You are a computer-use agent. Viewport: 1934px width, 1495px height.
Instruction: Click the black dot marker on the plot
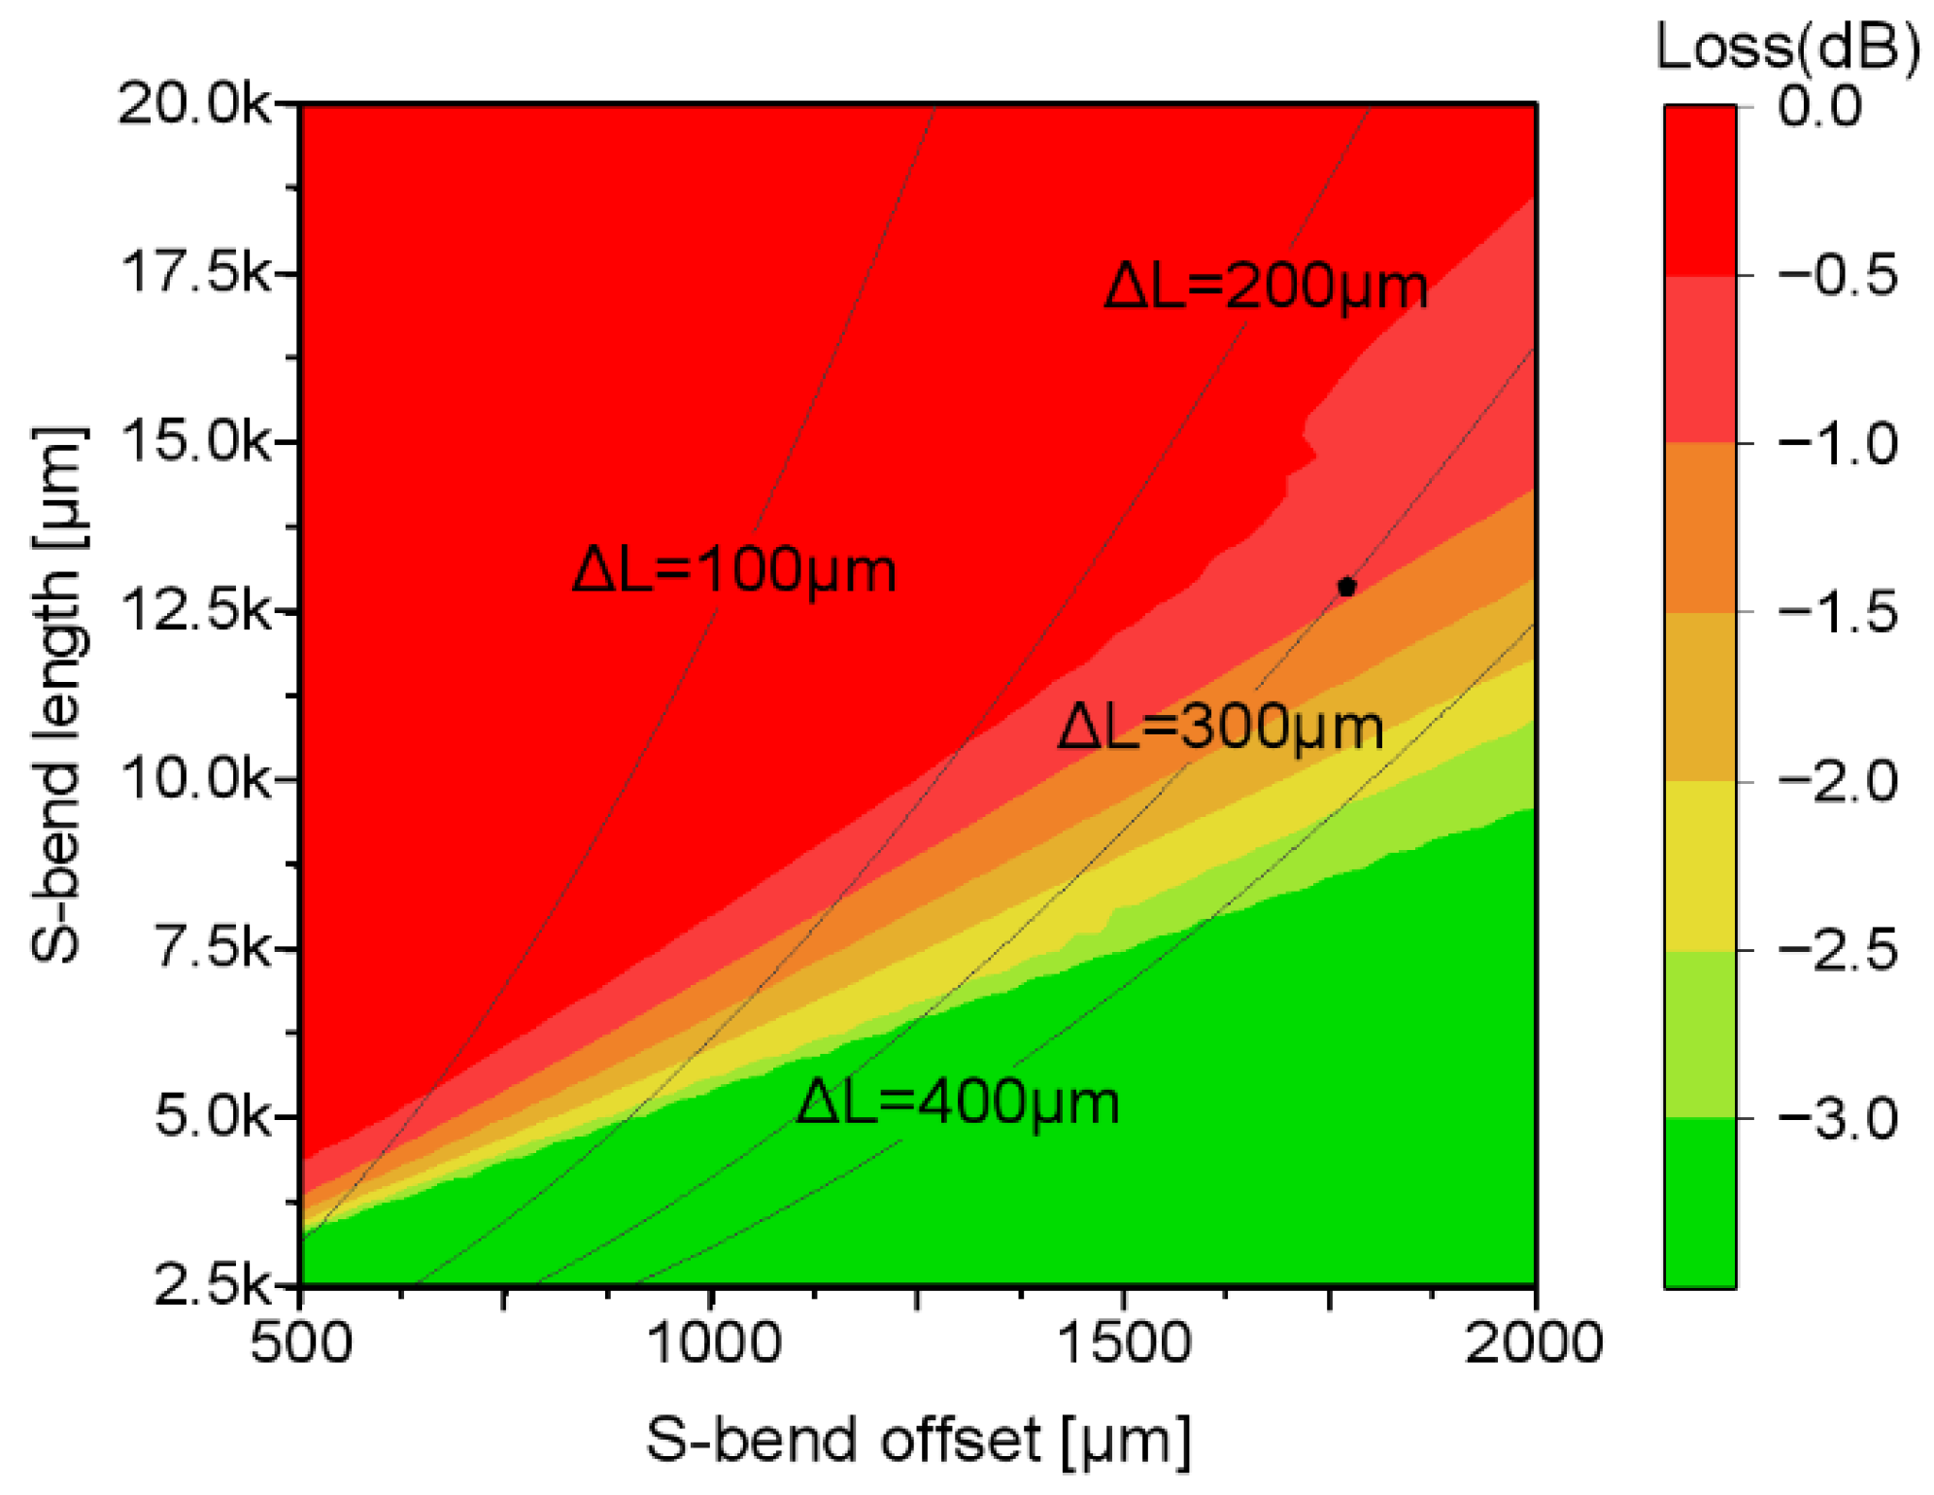coord(1345,586)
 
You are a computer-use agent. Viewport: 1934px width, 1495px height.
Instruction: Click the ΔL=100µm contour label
coord(734,569)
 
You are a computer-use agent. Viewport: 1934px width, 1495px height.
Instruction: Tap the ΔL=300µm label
coord(1220,727)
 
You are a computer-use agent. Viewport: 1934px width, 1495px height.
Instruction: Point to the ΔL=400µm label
coord(958,1102)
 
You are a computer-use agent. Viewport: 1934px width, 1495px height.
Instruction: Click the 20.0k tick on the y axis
coord(194,103)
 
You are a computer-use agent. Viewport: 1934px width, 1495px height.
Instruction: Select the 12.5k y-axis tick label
coord(194,610)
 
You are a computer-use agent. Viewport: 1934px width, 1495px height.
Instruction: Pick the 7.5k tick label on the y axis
coord(213,948)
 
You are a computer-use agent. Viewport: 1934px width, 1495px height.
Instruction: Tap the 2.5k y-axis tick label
coord(213,1284)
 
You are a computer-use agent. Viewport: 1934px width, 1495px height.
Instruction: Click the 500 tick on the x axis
coord(301,1342)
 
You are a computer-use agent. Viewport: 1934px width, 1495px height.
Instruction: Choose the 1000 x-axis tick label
coord(713,1342)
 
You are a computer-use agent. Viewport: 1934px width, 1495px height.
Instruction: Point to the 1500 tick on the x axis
coord(1124,1342)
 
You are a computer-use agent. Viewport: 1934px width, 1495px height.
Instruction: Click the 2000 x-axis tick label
coord(1534,1342)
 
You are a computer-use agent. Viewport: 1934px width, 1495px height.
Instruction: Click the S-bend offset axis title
coord(918,1439)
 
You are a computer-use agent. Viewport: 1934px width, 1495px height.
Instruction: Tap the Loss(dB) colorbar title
coord(1787,46)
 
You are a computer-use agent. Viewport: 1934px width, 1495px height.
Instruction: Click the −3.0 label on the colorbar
coord(1837,1118)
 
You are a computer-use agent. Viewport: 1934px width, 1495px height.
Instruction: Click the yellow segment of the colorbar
coord(1699,865)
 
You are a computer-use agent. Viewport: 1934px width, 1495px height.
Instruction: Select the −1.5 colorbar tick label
coord(1837,612)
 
